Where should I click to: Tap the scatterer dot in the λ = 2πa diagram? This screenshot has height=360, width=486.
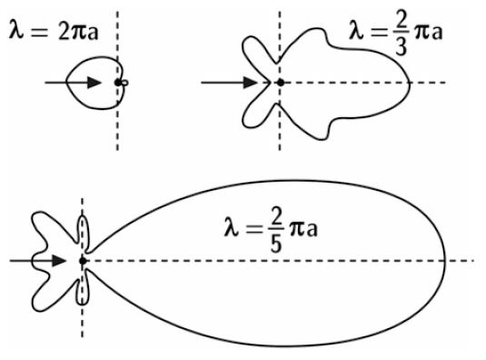[117, 83]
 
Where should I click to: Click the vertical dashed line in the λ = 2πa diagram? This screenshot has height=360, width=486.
[116, 127]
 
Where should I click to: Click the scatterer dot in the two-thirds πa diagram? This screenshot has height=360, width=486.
[281, 83]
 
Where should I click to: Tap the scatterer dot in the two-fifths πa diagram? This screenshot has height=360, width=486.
[83, 261]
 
